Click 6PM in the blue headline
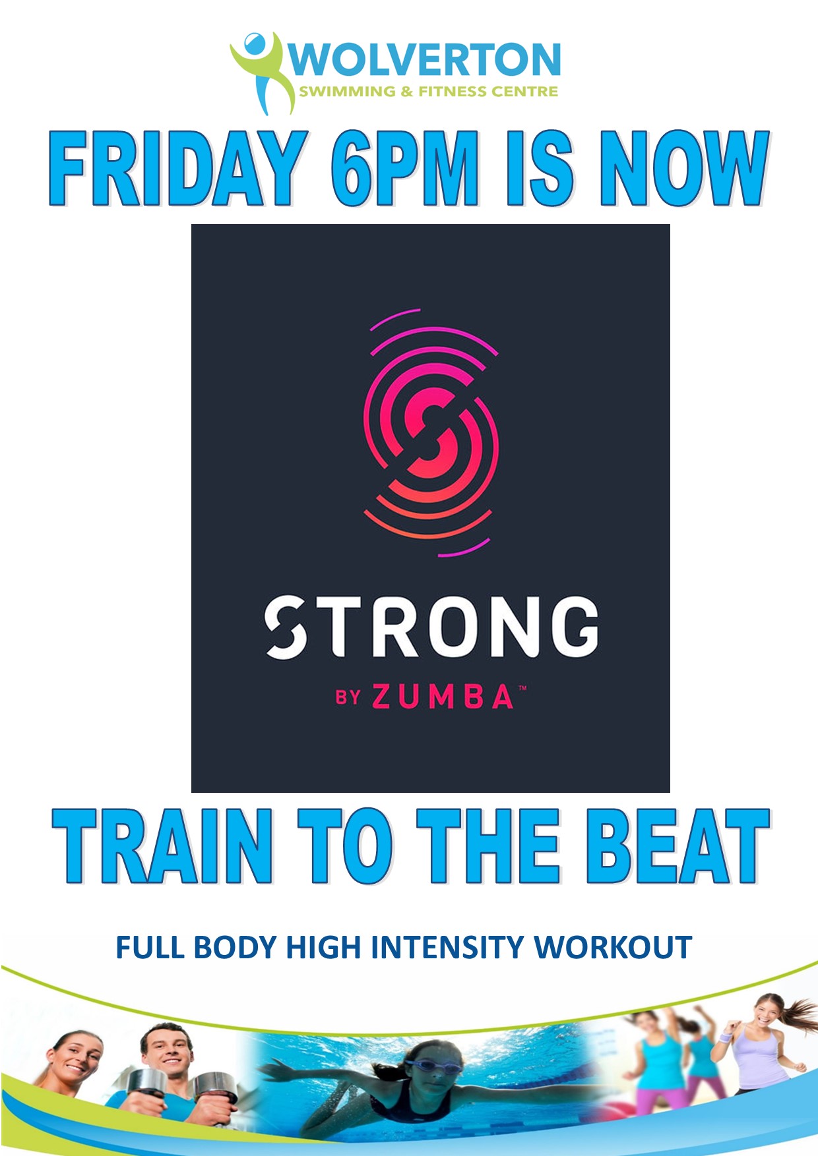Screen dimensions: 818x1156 [404, 169]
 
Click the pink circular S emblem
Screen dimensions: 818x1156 [431, 432]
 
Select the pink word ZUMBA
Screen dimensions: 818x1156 [443, 697]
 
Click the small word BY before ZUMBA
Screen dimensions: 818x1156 [348, 698]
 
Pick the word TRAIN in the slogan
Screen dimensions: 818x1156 [162, 846]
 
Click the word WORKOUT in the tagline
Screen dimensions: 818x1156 [613, 948]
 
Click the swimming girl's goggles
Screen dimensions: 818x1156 [425, 1064]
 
